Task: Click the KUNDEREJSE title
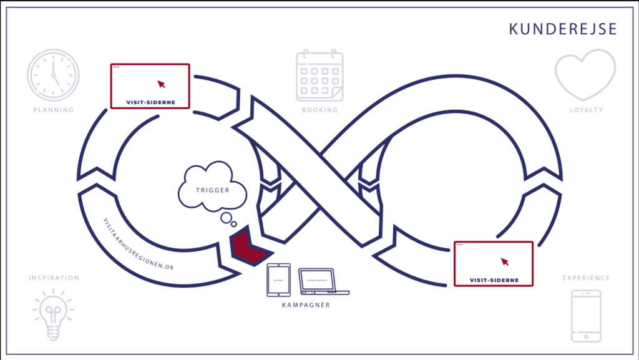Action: coord(562,29)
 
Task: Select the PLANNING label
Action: coord(53,110)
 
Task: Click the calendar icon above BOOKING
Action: coord(319,75)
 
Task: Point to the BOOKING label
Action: coord(319,110)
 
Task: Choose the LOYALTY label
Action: coord(586,110)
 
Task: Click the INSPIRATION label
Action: coord(54,278)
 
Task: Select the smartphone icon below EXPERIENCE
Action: coord(586,316)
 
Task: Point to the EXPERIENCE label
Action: coord(586,278)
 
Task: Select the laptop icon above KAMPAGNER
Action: coord(323,281)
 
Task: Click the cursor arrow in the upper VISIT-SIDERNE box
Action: coord(161,83)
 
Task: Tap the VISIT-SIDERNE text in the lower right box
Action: coord(494,280)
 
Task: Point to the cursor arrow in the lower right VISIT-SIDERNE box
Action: coord(504,261)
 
